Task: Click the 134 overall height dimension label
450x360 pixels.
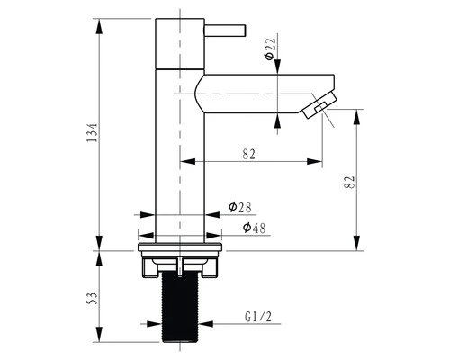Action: click(x=92, y=132)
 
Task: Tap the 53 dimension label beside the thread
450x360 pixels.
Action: click(x=94, y=298)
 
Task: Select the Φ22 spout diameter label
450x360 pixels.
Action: click(x=270, y=49)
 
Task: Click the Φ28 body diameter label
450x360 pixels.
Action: click(x=240, y=207)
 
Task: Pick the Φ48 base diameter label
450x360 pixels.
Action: click(x=255, y=228)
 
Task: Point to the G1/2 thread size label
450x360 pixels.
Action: click(x=258, y=317)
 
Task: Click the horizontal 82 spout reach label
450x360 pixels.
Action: click(x=248, y=154)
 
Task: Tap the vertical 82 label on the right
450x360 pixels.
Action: click(x=349, y=182)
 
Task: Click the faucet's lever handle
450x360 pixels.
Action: click(x=225, y=31)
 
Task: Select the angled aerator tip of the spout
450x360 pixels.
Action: click(x=319, y=105)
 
